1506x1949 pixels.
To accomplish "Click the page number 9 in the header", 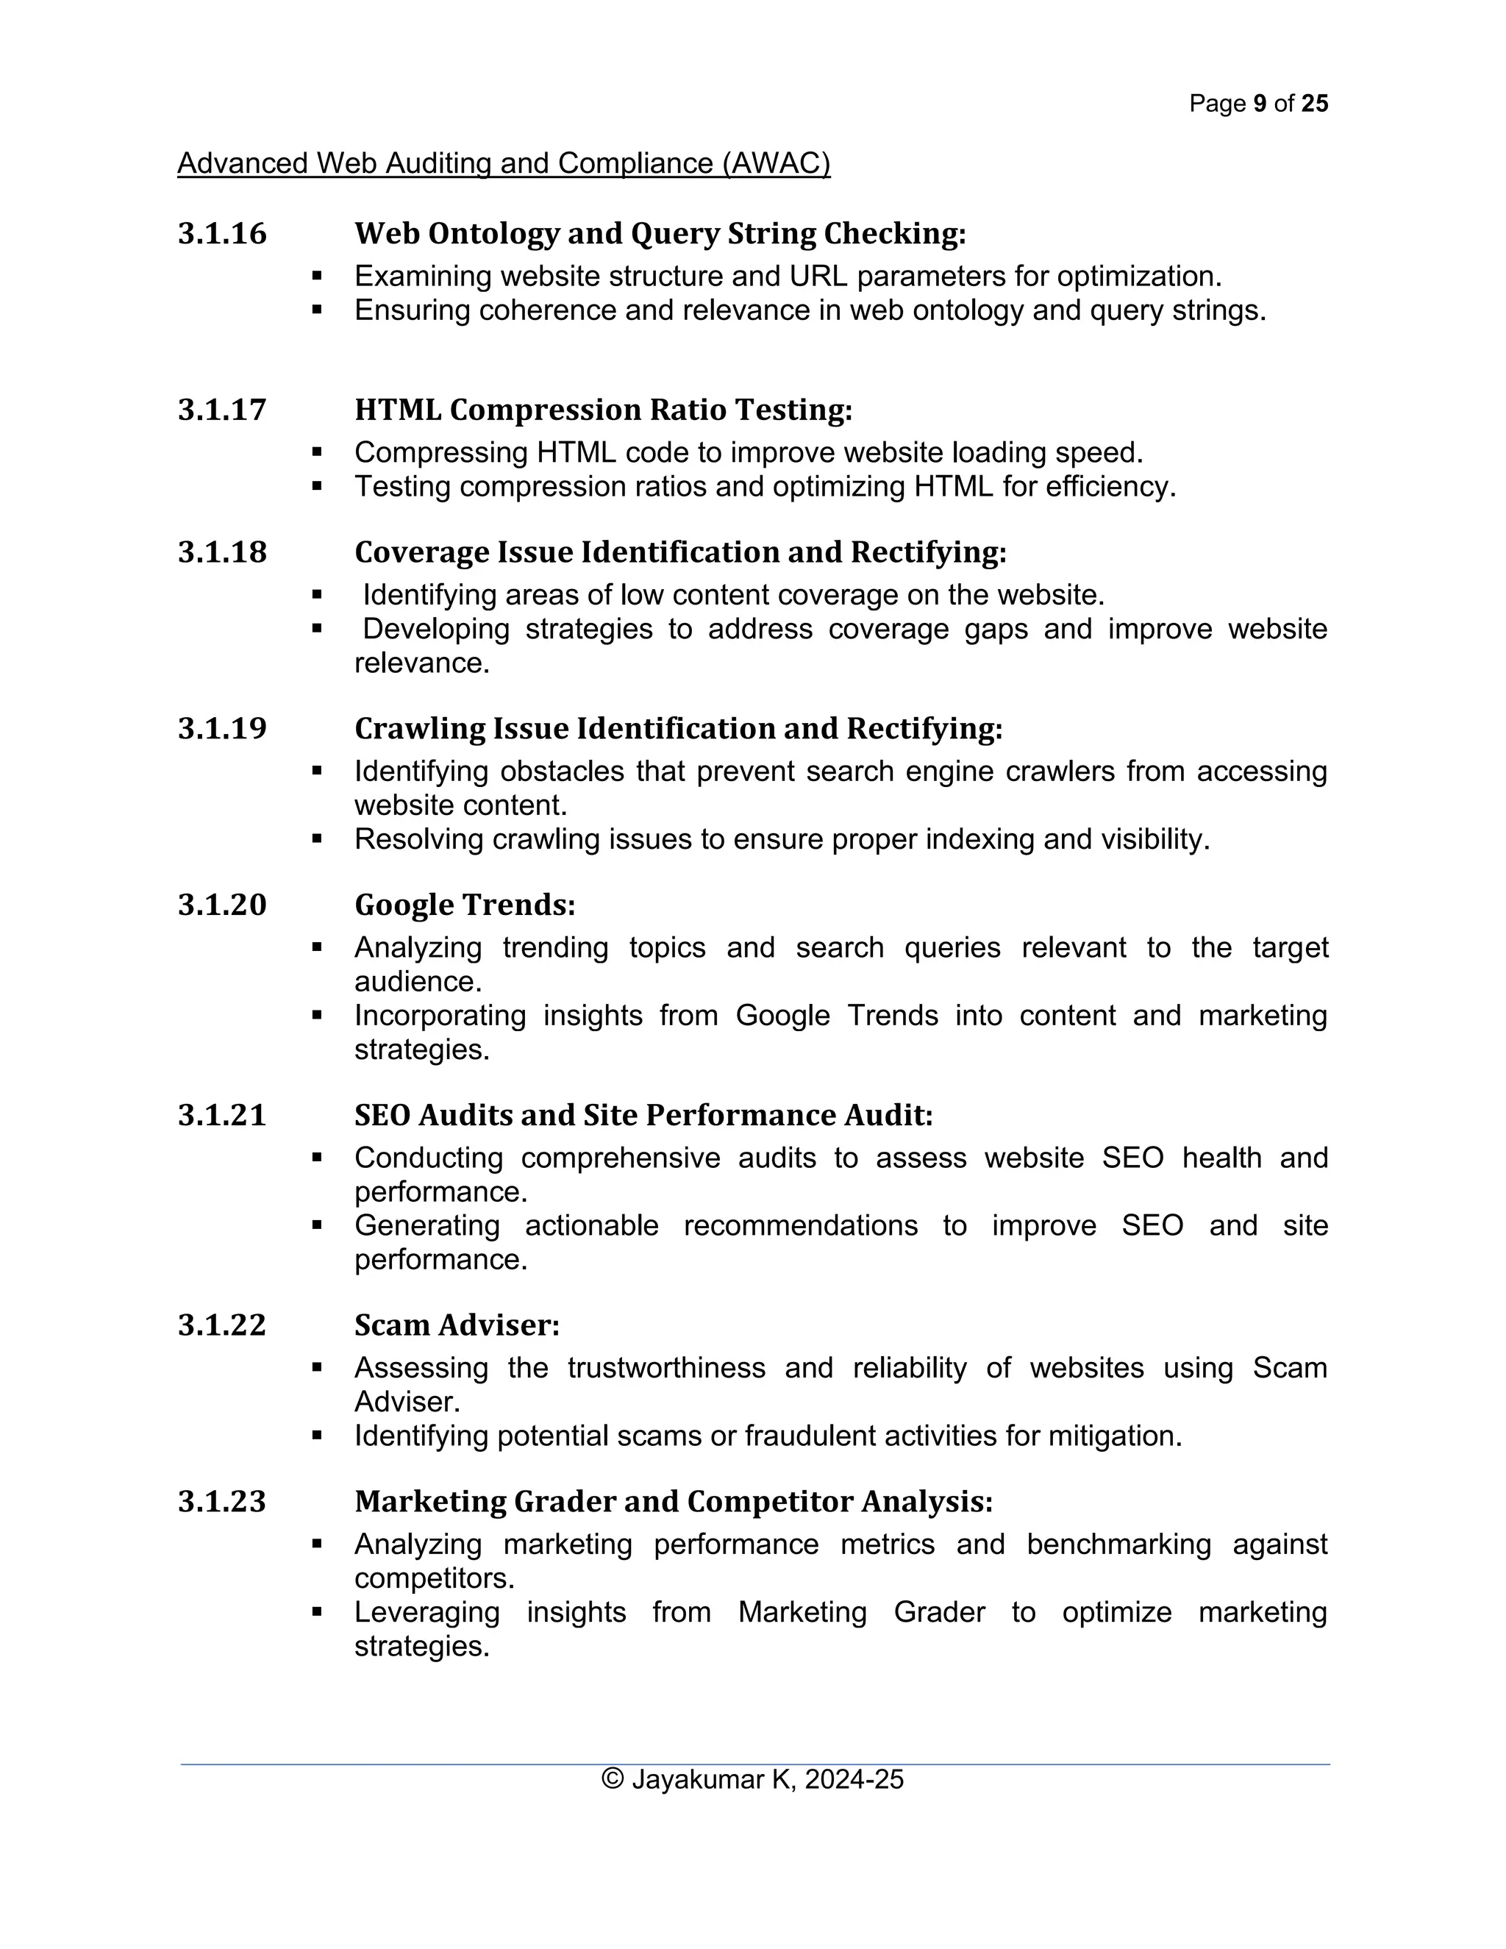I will click(1259, 104).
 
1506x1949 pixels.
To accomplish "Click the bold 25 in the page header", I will click(1314, 104).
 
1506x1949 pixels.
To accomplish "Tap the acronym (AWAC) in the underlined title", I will click(777, 163).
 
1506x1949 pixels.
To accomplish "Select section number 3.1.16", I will click(222, 234).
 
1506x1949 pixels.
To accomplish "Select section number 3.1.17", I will click(222, 410).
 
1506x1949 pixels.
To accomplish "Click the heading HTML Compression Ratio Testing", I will click(603, 410).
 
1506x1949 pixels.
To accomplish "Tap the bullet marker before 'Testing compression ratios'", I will click(317, 487).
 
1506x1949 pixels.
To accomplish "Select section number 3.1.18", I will click(222, 552).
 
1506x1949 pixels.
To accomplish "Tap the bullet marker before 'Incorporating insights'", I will click(317, 1016).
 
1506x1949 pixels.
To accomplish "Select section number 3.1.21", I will click(222, 1116).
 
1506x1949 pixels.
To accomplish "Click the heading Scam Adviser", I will click(457, 1325).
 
